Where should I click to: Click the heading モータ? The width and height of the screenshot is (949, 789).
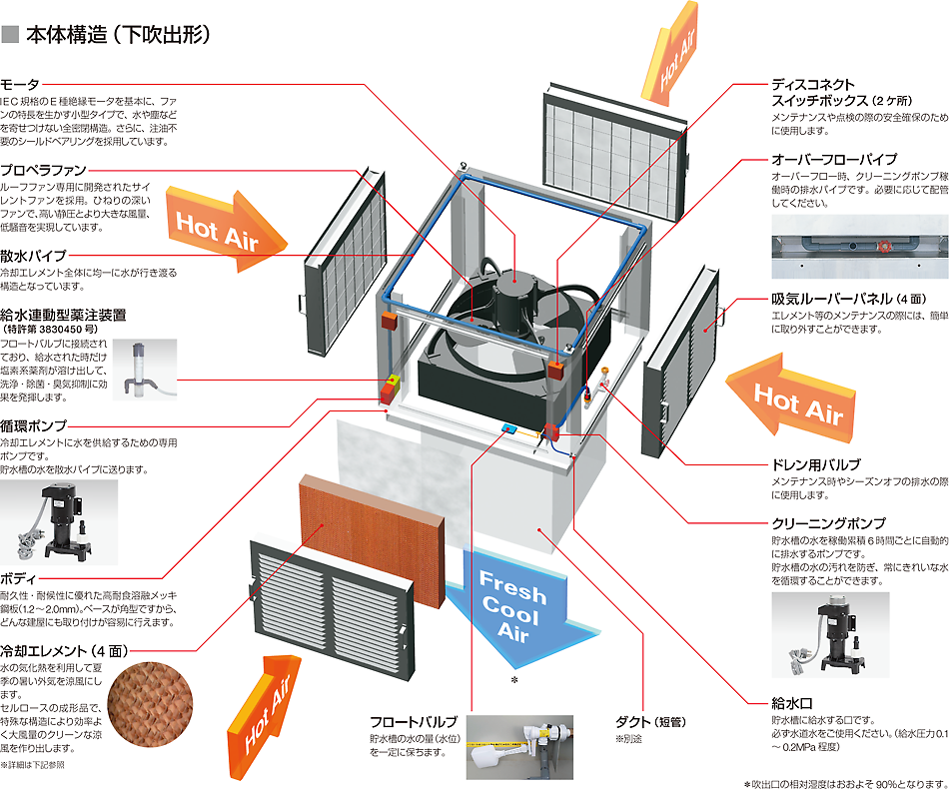click(x=20, y=84)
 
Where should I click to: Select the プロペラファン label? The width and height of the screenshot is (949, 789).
click(x=43, y=170)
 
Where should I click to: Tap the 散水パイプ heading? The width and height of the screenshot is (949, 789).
click(x=33, y=256)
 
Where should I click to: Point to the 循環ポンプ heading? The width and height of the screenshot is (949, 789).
click(x=33, y=425)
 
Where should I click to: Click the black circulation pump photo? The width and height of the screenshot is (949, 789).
click(x=59, y=522)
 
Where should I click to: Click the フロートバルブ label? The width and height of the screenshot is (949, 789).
click(x=414, y=722)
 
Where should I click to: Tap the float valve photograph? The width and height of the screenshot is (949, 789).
click(x=519, y=748)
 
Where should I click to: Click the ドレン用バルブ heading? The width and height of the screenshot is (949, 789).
click(x=816, y=464)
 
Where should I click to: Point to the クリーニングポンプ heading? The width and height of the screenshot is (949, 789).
click(x=828, y=523)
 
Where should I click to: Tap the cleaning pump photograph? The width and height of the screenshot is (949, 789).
click(x=830, y=635)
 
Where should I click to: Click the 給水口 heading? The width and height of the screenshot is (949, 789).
click(x=791, y=703)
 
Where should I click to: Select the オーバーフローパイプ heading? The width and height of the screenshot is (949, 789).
click(x=834, y=159)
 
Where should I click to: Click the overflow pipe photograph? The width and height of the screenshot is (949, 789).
click(x=860, y=247)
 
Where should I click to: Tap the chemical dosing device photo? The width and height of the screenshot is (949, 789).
click(x=145, y=370)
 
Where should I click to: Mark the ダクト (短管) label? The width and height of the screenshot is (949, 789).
click(x=650, y=722)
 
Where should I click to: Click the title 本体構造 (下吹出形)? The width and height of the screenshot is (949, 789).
click(x=119, y=35)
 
